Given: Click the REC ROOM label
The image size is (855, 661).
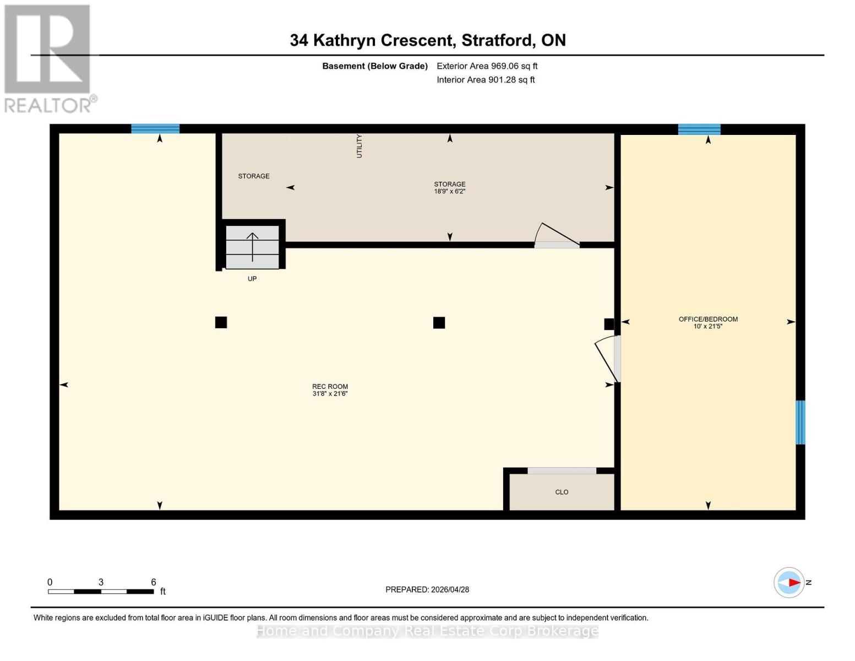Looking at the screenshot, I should pyautogui.click(x=330, y=386).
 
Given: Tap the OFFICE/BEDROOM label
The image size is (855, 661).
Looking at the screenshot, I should pyautogui.click(x=707, y=319).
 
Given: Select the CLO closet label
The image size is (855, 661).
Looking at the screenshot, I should pyautogui.click(x=562, y=492).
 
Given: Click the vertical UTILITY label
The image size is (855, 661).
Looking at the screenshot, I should pyautogui.click(x=360, y=146).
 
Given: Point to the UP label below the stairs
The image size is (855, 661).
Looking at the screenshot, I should pyautogui.click(x=252, y=279).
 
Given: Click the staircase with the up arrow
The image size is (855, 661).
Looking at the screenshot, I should pyautogui.click(x=252, y=247).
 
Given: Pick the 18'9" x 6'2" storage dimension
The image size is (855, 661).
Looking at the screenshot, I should pyautogui.click(x=449, y=192).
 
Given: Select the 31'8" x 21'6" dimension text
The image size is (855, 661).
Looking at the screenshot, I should pyautogui.click(x=330, y=394).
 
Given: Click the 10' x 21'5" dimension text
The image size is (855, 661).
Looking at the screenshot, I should pyautogui.click(x=707, y=327).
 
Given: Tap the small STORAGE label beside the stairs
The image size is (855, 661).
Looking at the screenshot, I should pyautogui.click(x=254, y=176).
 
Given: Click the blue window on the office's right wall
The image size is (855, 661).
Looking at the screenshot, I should pyautogui.click(x=800, y=422).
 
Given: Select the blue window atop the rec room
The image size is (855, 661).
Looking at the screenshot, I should pyautogui.click(x=155, y=129).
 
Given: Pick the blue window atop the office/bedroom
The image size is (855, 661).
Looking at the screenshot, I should pyautogui.click(x=699, y=129).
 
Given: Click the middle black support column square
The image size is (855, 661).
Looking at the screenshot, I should pyautogui.click(x=439, y=323).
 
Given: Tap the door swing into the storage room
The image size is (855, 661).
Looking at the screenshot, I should pyautogui.click(x=557, y=236).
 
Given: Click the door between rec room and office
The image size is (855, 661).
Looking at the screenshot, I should pyautogui.click(x=607, y=359).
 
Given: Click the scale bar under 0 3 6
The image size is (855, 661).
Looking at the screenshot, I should pyautogui.click(x=101, y=592).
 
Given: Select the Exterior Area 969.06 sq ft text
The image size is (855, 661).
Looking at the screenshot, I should pyautogui.click(x=487, y=66).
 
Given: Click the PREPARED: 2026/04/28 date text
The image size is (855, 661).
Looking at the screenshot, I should pyautogui.click(x=427, y=589).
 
